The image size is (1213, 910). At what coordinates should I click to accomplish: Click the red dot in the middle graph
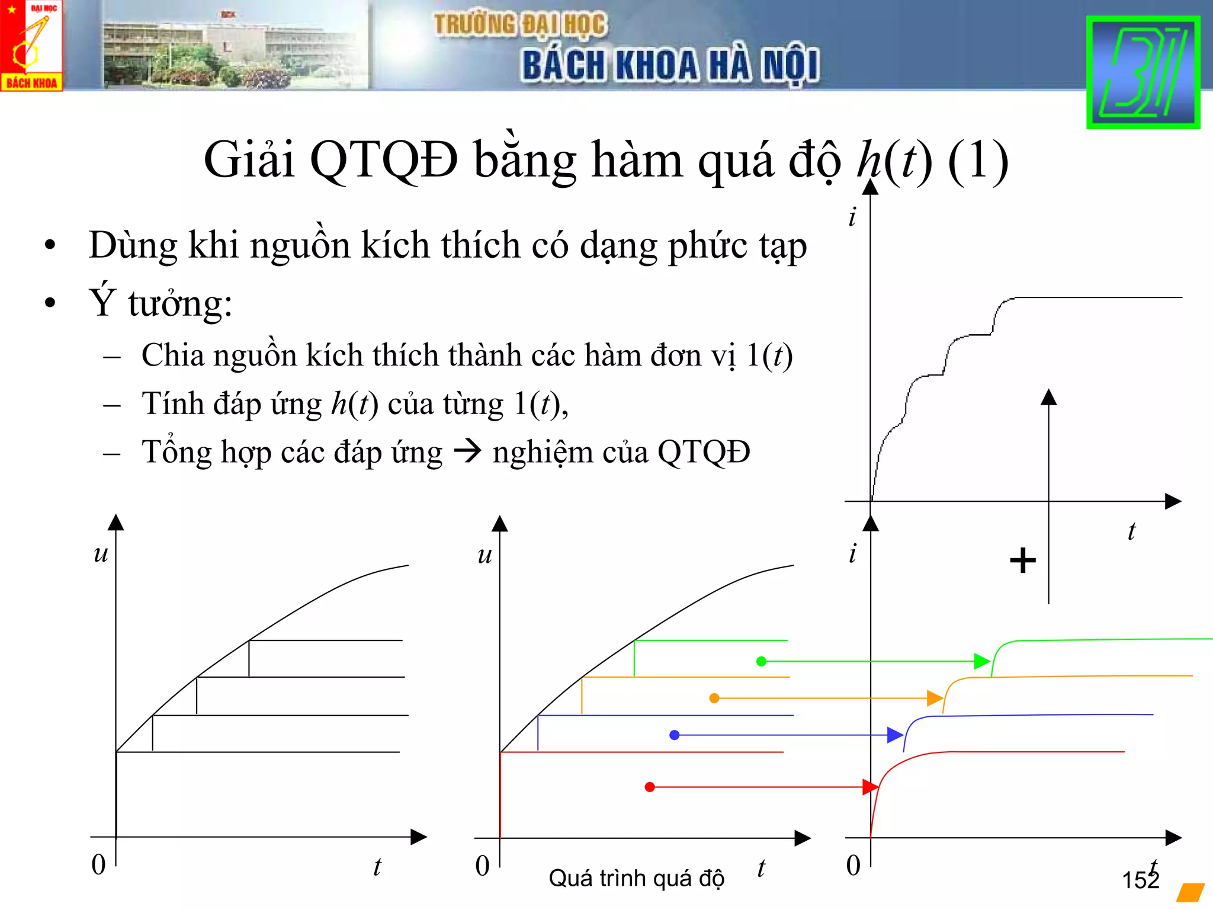650,787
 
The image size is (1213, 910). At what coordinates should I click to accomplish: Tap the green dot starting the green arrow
761,661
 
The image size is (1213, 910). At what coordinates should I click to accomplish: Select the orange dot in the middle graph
714,698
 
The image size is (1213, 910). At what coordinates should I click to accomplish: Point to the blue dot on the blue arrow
674,735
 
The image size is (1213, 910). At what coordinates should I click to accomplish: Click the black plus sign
1023,560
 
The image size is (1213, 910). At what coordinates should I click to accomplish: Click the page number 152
1140,880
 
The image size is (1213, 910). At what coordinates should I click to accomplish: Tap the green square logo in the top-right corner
1143,72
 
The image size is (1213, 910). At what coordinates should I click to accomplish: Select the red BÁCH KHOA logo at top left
31,45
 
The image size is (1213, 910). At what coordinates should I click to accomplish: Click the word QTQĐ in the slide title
384,160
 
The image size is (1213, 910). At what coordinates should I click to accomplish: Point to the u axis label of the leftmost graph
101,554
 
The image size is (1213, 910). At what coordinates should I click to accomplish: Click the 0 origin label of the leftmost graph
98,865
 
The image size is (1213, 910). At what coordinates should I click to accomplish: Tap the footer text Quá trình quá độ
636,878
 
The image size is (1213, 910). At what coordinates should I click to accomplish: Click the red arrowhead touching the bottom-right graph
869,787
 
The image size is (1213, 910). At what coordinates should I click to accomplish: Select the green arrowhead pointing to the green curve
981,661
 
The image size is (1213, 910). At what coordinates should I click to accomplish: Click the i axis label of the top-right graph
852,217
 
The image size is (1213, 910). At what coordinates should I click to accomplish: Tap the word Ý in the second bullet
101,302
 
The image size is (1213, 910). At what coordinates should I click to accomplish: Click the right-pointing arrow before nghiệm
467,452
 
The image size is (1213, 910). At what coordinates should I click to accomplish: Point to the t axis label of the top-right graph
1131,531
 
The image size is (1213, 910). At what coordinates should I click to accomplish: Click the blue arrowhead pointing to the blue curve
894,735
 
